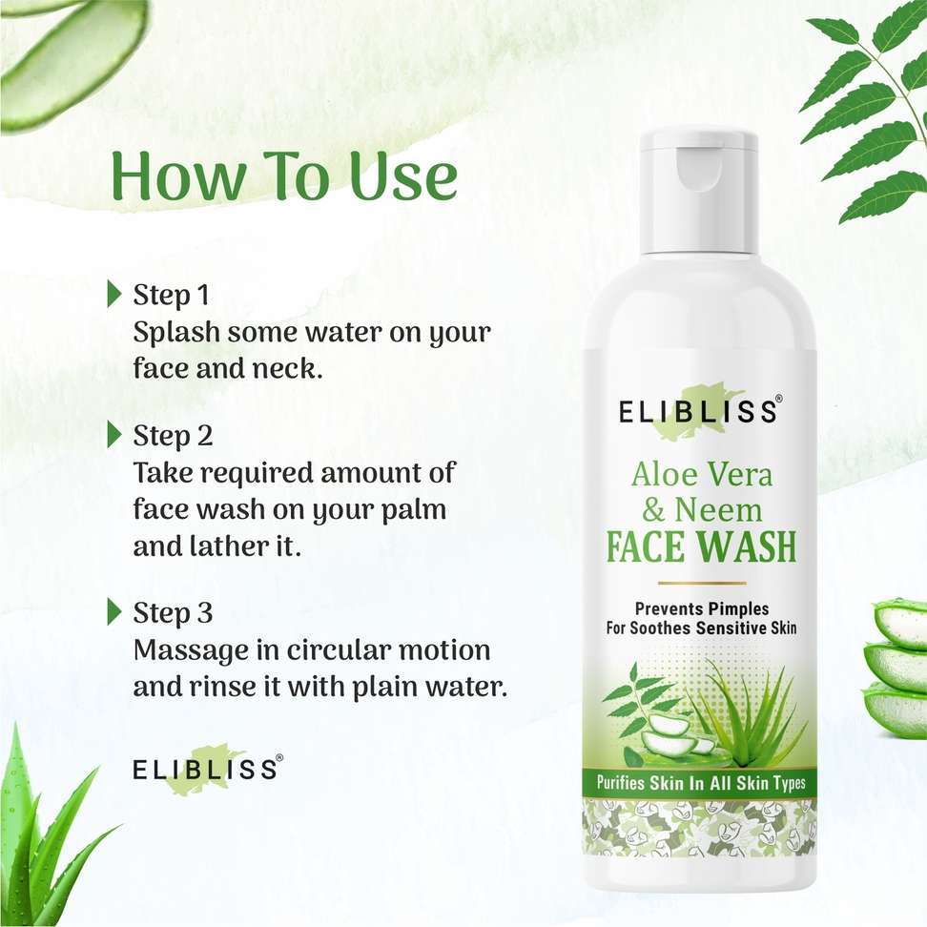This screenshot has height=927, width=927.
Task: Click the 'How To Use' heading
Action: click(284, 175)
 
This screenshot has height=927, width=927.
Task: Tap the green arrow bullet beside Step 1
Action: click(114, 295)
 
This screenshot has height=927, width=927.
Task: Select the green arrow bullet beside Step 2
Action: click(114, 435)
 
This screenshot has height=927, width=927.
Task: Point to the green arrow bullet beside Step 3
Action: click(114, 612)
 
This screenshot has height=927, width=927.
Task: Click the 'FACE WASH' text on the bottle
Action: click(702, 546)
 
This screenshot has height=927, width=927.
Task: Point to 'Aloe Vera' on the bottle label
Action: click(702, 474)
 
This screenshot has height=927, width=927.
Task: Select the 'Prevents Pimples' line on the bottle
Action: click(702, 608)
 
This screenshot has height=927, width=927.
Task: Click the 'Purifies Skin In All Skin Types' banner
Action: click(701, 783)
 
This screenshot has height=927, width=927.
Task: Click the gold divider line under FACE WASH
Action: click(702, 583)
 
